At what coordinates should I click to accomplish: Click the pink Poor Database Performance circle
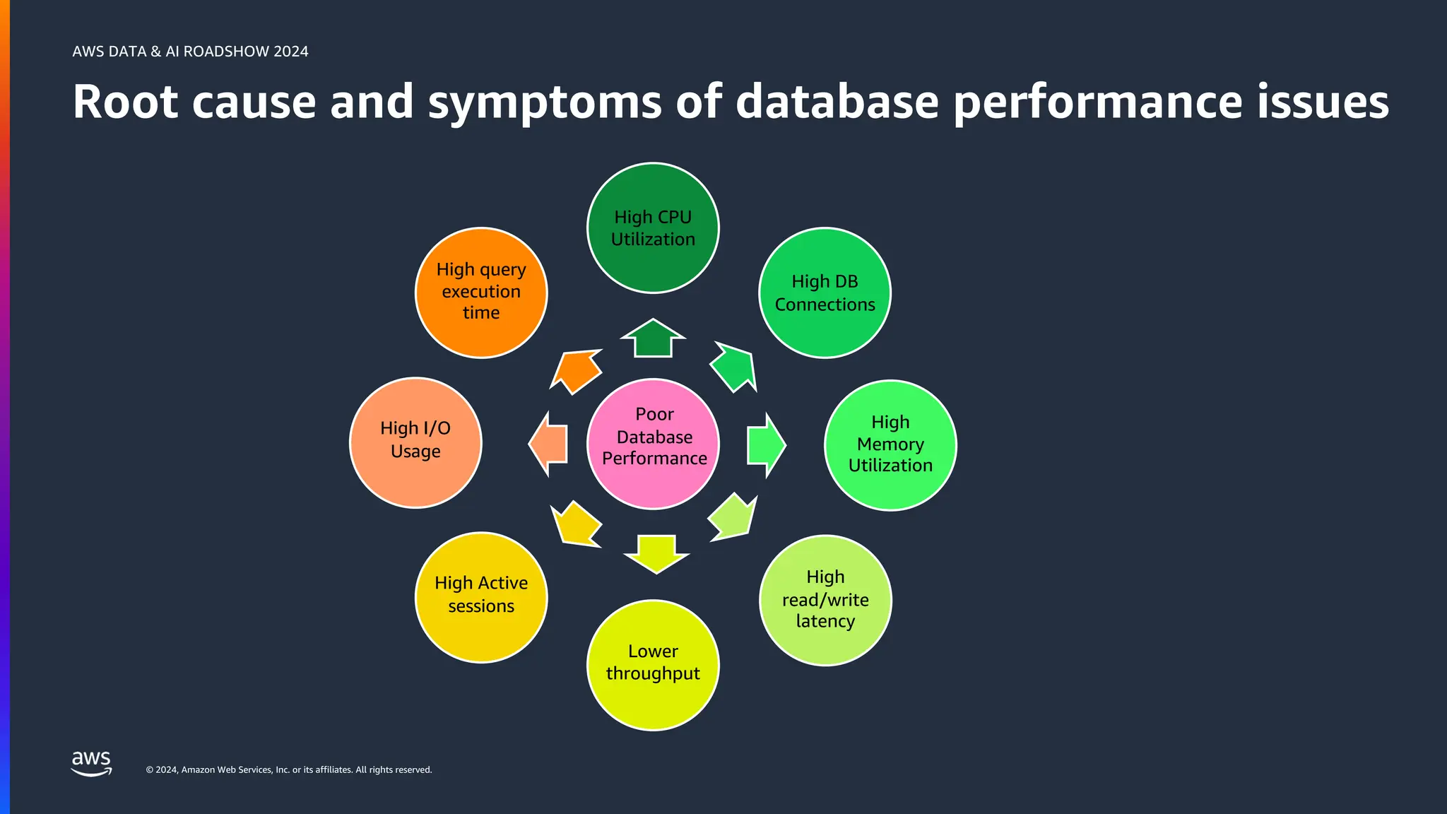(653, 444)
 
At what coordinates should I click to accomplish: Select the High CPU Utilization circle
(653, 228)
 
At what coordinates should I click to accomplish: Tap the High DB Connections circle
(825, 293)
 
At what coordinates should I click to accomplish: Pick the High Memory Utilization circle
(890, 445)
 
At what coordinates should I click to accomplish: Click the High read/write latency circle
(825, 600)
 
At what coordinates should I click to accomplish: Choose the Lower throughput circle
(653, 664)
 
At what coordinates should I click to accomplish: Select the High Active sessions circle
(481, 597)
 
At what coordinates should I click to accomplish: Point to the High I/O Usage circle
(415, 442)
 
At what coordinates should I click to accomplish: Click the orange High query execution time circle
(481, 293)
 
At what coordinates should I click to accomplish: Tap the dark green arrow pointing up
(653, 339)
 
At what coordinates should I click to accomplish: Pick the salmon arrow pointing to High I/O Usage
(550, 444)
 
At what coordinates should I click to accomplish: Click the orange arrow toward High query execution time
(577, 370)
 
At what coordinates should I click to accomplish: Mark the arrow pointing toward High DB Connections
(734, 367)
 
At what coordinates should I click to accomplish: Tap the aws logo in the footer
(92, 763)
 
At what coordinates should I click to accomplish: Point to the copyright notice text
(289, 769)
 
